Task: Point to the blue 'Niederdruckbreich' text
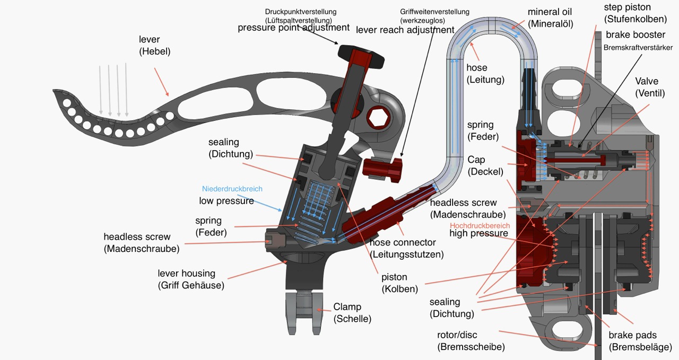pos(232,189)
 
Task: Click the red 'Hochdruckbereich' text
pos(480,225)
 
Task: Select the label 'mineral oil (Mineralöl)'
pos(550,17)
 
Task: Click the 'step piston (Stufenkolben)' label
pos(635,13)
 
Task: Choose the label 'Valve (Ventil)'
pos(647,87)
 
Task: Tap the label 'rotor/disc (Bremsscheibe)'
pos(471,341)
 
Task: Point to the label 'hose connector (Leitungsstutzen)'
pos(406,248)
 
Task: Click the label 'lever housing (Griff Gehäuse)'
pos(186,279)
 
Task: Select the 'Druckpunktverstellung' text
pos(300,11)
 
